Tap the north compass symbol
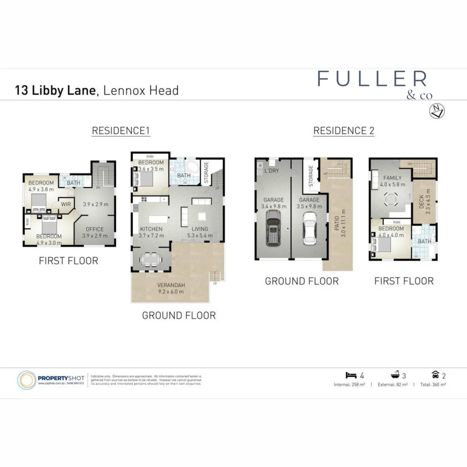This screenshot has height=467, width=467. click(437, 111)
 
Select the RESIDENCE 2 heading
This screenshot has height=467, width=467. click(343, 131)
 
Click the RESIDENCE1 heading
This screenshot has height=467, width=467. click(121, 131)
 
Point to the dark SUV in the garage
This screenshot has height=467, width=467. click(273, 231)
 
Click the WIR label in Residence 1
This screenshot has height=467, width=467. click(66, 204)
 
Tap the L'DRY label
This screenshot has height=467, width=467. click(272, 171)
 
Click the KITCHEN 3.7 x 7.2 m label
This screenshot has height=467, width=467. click(151, 232)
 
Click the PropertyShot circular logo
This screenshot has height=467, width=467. click(27, 380)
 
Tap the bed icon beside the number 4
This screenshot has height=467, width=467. click(351, 375)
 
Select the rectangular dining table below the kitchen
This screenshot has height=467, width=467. click(151, 259)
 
